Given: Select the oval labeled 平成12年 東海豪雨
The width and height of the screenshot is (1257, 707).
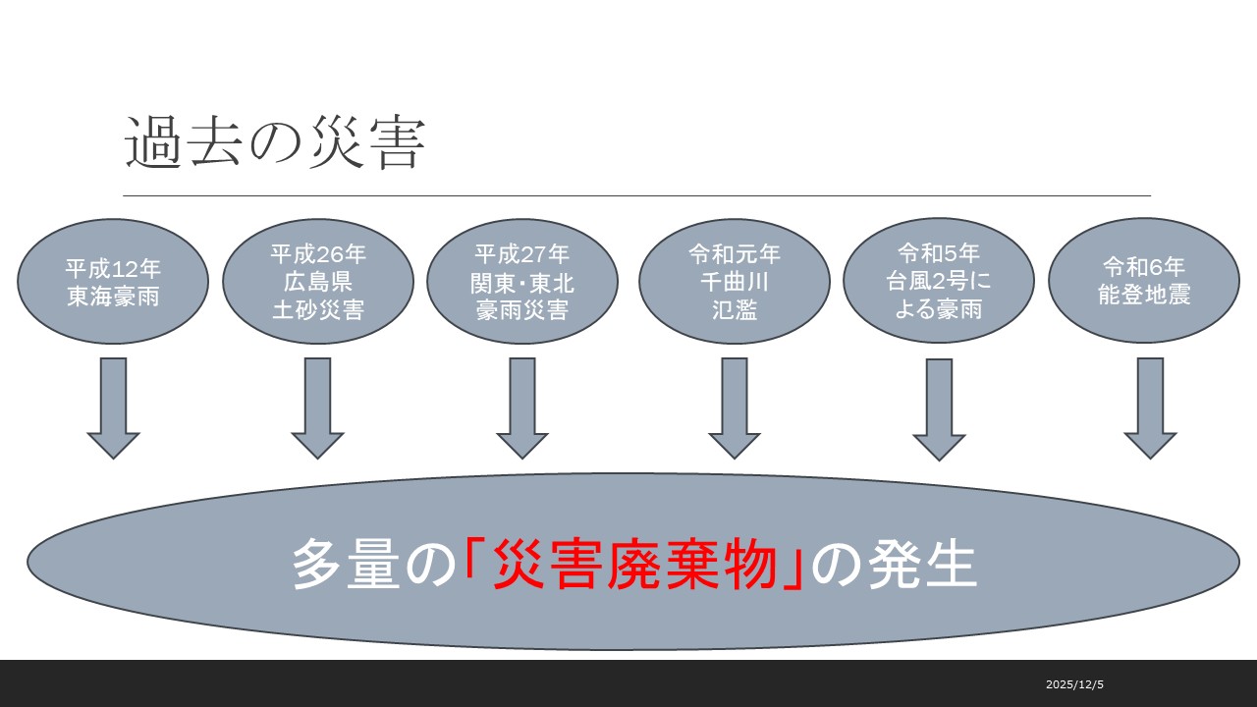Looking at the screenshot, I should click(x=113, y=281).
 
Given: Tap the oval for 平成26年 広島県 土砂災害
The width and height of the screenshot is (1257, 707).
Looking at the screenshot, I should click(x=318, y=281).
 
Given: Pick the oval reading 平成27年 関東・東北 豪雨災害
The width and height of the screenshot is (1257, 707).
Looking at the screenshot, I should click(x=522, y=281).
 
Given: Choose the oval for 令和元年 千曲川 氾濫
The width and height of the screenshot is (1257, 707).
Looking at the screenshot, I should click(x=735, y=281).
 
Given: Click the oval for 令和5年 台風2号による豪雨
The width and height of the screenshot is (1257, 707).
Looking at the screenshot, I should click(x=939, y=281).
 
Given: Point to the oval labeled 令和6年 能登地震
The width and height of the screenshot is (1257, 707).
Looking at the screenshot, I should click(x=1144, y=281).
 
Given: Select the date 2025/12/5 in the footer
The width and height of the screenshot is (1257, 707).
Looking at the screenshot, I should click(x=1074, y=684).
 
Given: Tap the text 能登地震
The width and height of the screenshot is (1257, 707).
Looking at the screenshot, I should click(x=1144, y=295).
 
